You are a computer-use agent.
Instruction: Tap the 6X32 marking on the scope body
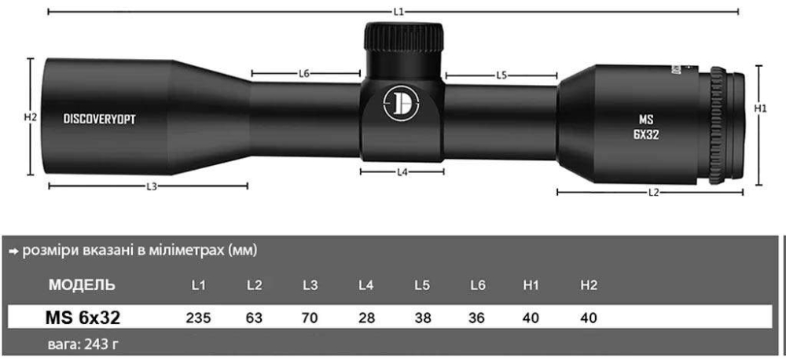(x=645, y=134)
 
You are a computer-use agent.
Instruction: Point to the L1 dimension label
(x=399, y=12)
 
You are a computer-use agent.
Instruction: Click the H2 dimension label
(x=31, y=118)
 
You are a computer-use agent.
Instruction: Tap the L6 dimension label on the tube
(x=305, y=74)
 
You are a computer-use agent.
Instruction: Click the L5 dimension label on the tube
(x=501, y=75)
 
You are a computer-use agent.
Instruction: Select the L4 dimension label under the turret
(x=402, y=171)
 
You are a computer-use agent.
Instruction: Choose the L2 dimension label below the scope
(x=652, y=192)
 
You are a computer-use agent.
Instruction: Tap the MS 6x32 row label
(x=83, y=318)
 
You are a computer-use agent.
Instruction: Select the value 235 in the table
(x=199, y=318)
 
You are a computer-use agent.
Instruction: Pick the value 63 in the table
(x=254, y=318)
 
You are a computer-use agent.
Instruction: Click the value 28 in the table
(x=365, y=318)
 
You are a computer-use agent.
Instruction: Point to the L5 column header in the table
(x=421, y=285)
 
